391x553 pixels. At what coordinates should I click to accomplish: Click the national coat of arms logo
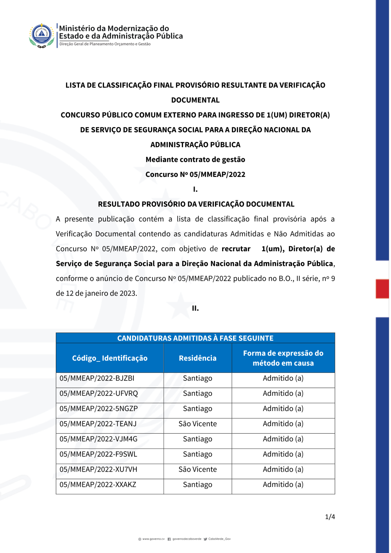click(x=41, y=35)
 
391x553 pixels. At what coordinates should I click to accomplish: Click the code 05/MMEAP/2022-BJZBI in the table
click(x=97, y=379)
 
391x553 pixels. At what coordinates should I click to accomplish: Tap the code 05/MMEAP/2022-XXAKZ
click(x=98, y=485)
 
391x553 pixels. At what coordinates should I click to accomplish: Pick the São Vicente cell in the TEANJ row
click(x=197, y=424)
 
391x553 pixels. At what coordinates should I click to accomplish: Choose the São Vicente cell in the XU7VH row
click(x=197, y=470)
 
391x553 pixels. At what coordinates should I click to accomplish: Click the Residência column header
click(x=197, y=358)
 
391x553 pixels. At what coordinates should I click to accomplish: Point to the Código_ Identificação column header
click(x=110, y=358)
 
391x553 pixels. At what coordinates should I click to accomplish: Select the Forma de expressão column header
click(x=283, y=358)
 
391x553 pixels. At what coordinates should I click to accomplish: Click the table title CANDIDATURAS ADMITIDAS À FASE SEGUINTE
click(x=195, y=338)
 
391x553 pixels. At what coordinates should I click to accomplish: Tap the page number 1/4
click(x=330, y=517)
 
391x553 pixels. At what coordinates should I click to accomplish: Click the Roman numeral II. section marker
click(x=195, y=309)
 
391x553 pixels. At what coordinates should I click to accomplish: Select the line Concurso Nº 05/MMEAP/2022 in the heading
click(x=195, y=174)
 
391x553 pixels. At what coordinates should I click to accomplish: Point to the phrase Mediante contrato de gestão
click(x=195, y=160)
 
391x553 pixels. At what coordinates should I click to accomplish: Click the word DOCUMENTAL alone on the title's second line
click(x=195, y=100)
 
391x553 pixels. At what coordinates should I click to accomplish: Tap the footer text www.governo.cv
click(x=153, y=539)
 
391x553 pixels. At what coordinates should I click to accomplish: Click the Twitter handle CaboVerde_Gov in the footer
click(x=219, y=539)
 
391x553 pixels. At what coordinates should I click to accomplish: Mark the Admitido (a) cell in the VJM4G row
click(x=283, y=439)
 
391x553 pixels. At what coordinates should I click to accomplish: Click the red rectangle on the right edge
click(x=382, y=289)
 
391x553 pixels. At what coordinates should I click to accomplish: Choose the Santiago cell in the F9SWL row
click(x=197, y=454)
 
